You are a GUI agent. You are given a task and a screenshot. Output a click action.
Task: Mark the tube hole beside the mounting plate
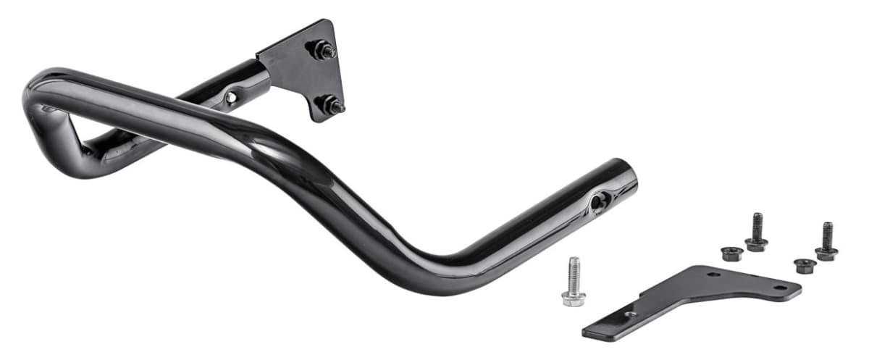click(x=231, y=97)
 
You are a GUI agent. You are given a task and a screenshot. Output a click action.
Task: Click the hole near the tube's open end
click(x=598, y=202)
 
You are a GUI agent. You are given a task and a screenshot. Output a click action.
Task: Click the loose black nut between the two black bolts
click(x=804, y=265)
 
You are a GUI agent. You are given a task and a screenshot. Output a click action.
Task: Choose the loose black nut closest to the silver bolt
click(x=731, y=253)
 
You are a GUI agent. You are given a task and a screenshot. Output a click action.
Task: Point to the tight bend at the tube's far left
click(x=33, y=98)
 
